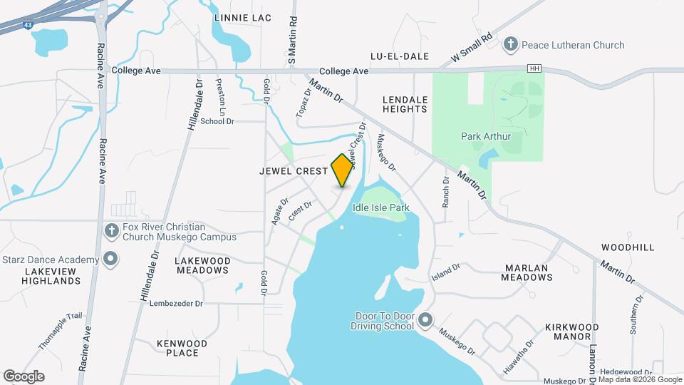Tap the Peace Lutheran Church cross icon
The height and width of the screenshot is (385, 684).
pos(510,45)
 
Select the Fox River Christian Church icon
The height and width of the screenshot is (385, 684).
pos(110,231)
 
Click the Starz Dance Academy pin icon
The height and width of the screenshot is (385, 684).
pos(110,260)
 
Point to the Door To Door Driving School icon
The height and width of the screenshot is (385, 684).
pos(425,319)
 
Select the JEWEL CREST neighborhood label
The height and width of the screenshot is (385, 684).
pos(294,171)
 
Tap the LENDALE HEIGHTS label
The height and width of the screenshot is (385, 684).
pos(405,105)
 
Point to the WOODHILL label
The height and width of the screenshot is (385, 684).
pos(627,247)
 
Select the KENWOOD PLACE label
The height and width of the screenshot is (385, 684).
pos(182,348)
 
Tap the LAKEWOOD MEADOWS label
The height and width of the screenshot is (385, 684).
pos(202,266)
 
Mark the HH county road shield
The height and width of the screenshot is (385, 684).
pos(533,68)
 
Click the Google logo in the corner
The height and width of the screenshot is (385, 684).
pos(24,376)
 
